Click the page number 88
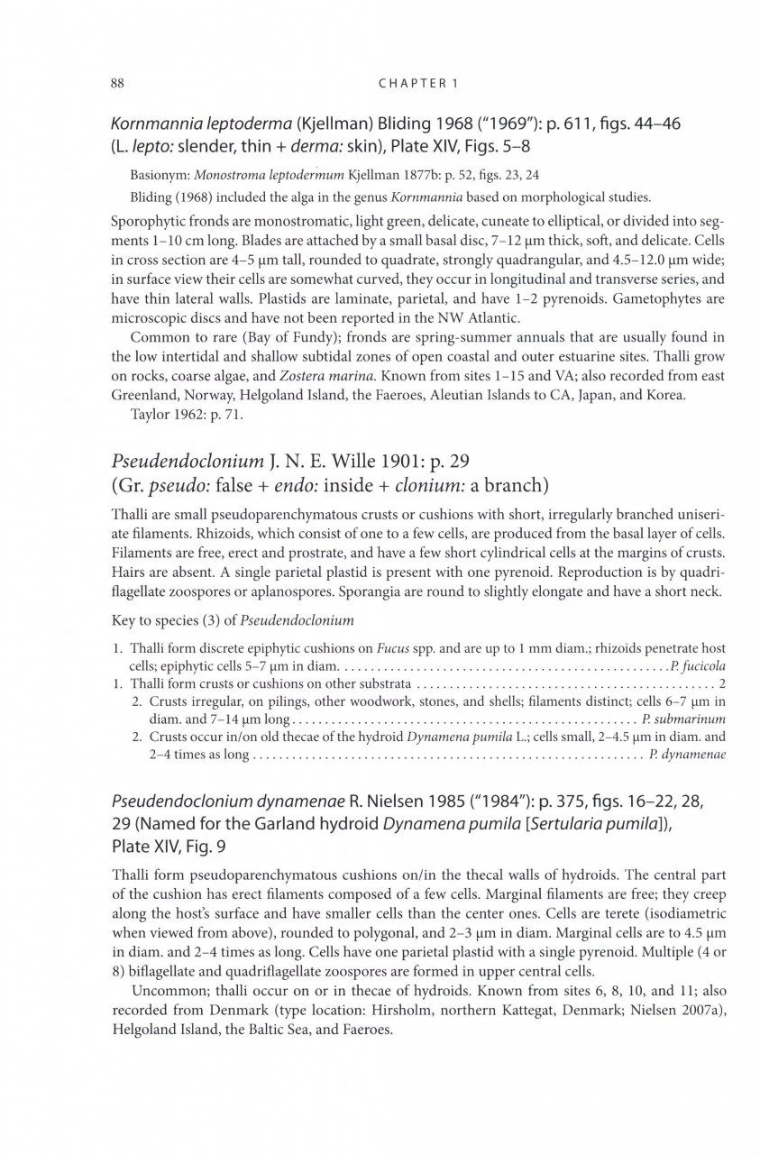[116, 84]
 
